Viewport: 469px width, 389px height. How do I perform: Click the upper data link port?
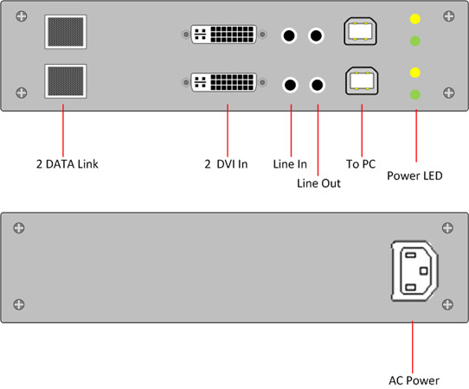click(x=66, y=32)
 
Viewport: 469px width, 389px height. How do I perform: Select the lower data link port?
click(x=66, y=81)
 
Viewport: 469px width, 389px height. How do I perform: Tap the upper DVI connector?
click(x=224, y=35)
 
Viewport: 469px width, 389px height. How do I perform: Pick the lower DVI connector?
click(x=224, y=82)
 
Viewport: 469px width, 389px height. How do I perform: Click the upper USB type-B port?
click(x=360, y=31)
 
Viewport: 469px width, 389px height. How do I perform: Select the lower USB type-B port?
click(x=362, y=81)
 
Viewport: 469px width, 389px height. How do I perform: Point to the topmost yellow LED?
click(x=415, y=19)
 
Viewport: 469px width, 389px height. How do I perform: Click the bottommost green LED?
click(x=415, y=95)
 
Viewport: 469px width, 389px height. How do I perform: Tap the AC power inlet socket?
click(x=414, y=271)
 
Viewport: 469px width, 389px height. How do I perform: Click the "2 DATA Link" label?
click(x=67, y=164)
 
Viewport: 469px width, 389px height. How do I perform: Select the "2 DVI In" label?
click(x=226, y=164)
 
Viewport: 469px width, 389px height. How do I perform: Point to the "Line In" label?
click(x=290, y=164)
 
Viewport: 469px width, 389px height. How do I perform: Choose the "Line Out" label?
click(x=318, y=183)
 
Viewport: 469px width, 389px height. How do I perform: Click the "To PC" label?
click(x=361, y=164)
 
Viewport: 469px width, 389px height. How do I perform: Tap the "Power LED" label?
click(x=414, y=175)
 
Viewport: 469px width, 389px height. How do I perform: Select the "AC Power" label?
click(x=414, y=380)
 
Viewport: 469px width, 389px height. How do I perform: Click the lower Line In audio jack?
click(x=290, y=85)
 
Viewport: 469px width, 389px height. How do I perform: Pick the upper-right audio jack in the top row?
click(x=316, y=35)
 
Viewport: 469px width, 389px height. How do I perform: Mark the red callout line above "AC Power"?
click(x=413, y=347)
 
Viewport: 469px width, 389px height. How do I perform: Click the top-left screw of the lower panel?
click(x=19, y=228)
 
